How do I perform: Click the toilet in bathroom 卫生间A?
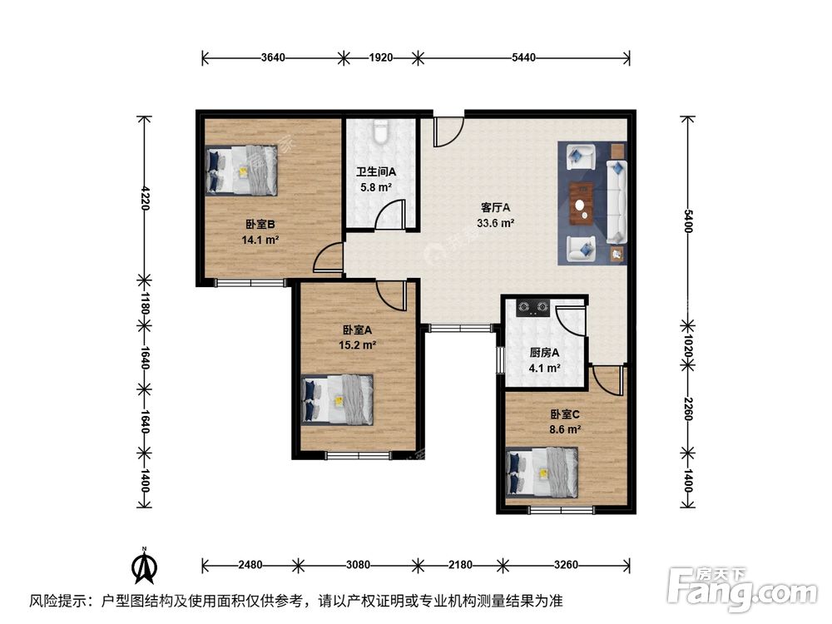[x=381, y=132]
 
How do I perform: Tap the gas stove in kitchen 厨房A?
[x=533, y=309]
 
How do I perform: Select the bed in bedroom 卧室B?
[x=243, y=171]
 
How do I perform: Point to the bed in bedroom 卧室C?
[x=542, y=473]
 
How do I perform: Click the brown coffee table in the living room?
[x=582, y=203]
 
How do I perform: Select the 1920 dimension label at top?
[x=380, y=57]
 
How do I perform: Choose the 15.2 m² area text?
[x=357, y=344]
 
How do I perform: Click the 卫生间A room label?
[x=376, y=172]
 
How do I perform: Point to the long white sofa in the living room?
[x=617, y=202]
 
